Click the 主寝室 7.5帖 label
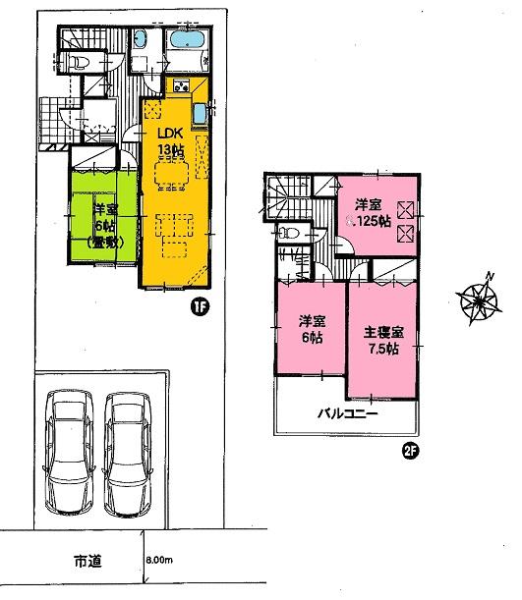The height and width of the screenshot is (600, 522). (x=382, y=339)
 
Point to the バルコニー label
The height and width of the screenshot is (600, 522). (x=345, y=415)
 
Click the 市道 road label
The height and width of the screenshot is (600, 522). (x=86, y=563)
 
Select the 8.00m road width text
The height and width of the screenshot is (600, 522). (x=158, y=561)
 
